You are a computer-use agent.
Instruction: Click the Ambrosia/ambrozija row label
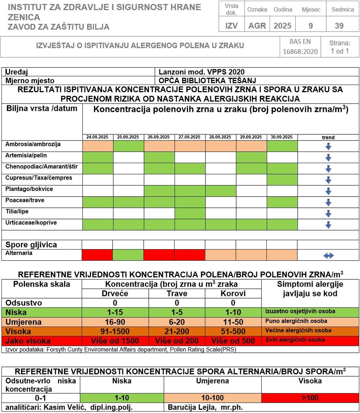pyautogui.click(x=33, y=144)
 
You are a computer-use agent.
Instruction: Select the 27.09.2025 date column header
pyautogui.click(x=190, y=137)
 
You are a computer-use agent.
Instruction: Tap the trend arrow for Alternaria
pyautogui.click(x=328, y=256)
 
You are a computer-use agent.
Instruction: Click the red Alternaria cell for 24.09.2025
pyautogui.click(x=98, y=255)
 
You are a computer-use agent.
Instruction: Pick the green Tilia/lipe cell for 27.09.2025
pyautogui.click(x=190, y=214)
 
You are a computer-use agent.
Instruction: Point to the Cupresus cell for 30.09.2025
pyautogui.click(x=282, y=180)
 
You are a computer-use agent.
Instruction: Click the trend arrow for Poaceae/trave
pyautogui.click(x=328, y=202)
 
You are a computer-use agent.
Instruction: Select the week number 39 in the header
pyautogui.click(x=339, y=26)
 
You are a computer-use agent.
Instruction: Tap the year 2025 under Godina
pyautogui.click(x=283, y=26)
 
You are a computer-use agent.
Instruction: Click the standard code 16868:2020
pyautogui.click(x=300, y=51)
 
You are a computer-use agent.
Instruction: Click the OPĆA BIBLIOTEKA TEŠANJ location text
pyautogui.click(x=207, y=80)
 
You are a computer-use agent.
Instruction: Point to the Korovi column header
pyautogui.click(x=233, y=293)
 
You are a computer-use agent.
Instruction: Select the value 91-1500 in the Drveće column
pyautogui.click(x=115, y=331)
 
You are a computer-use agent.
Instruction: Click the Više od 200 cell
pyautogui.click(x=176, y=341)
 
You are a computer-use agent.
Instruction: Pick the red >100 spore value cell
pyautogui.click(x=310, y=398)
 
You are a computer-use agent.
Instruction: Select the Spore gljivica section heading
pyautogui.click(x=31, y=245)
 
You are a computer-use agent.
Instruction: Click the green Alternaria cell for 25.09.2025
pyautogui.click(x=129, y=255)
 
